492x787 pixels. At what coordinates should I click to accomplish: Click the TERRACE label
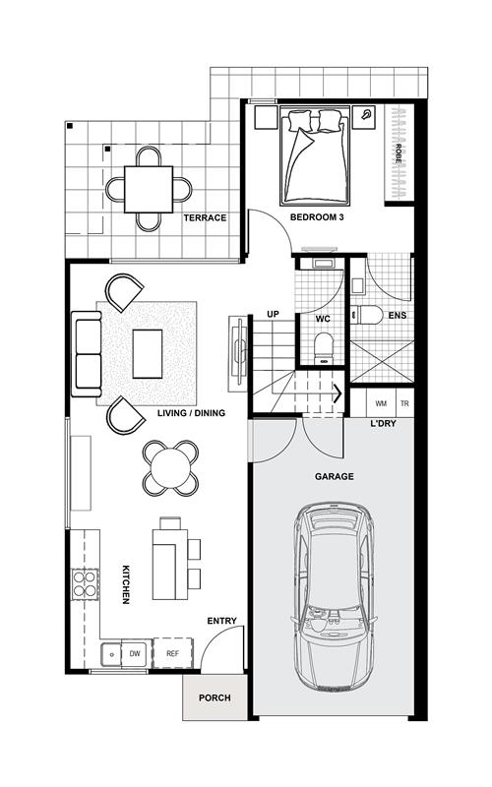tap(205, 217)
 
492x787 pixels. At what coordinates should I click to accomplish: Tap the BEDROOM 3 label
tap(317, 217)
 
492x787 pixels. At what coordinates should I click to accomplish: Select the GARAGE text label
tap(335, 476)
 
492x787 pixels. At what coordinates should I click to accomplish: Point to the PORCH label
tap(215, 697)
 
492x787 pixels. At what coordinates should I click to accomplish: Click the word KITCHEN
tap(126, 584)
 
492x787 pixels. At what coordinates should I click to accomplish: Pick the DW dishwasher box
tap(135, 653)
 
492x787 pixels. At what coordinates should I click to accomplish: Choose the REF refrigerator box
tap(173, 653)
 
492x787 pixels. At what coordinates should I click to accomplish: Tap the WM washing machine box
tap(381, 403)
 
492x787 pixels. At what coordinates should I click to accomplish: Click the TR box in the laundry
tap(404, 403)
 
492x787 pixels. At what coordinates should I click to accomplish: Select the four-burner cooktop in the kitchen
tap(85, 583)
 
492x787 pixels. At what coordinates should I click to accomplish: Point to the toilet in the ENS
tap(366, 315)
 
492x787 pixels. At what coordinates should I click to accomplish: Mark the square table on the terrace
tap(149, 189)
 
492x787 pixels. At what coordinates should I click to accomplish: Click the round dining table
tap(170, 468)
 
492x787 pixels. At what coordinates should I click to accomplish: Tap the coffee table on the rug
tap(148, 354)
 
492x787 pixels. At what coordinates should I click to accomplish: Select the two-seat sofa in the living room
tap(87, 354)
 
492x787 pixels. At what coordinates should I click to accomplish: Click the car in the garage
tap(334, 597)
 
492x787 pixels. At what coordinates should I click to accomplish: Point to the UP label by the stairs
tap(273, 314)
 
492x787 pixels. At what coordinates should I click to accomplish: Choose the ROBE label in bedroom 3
tap(399, 154)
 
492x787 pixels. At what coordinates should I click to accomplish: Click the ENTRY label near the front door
tap(222, 621)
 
